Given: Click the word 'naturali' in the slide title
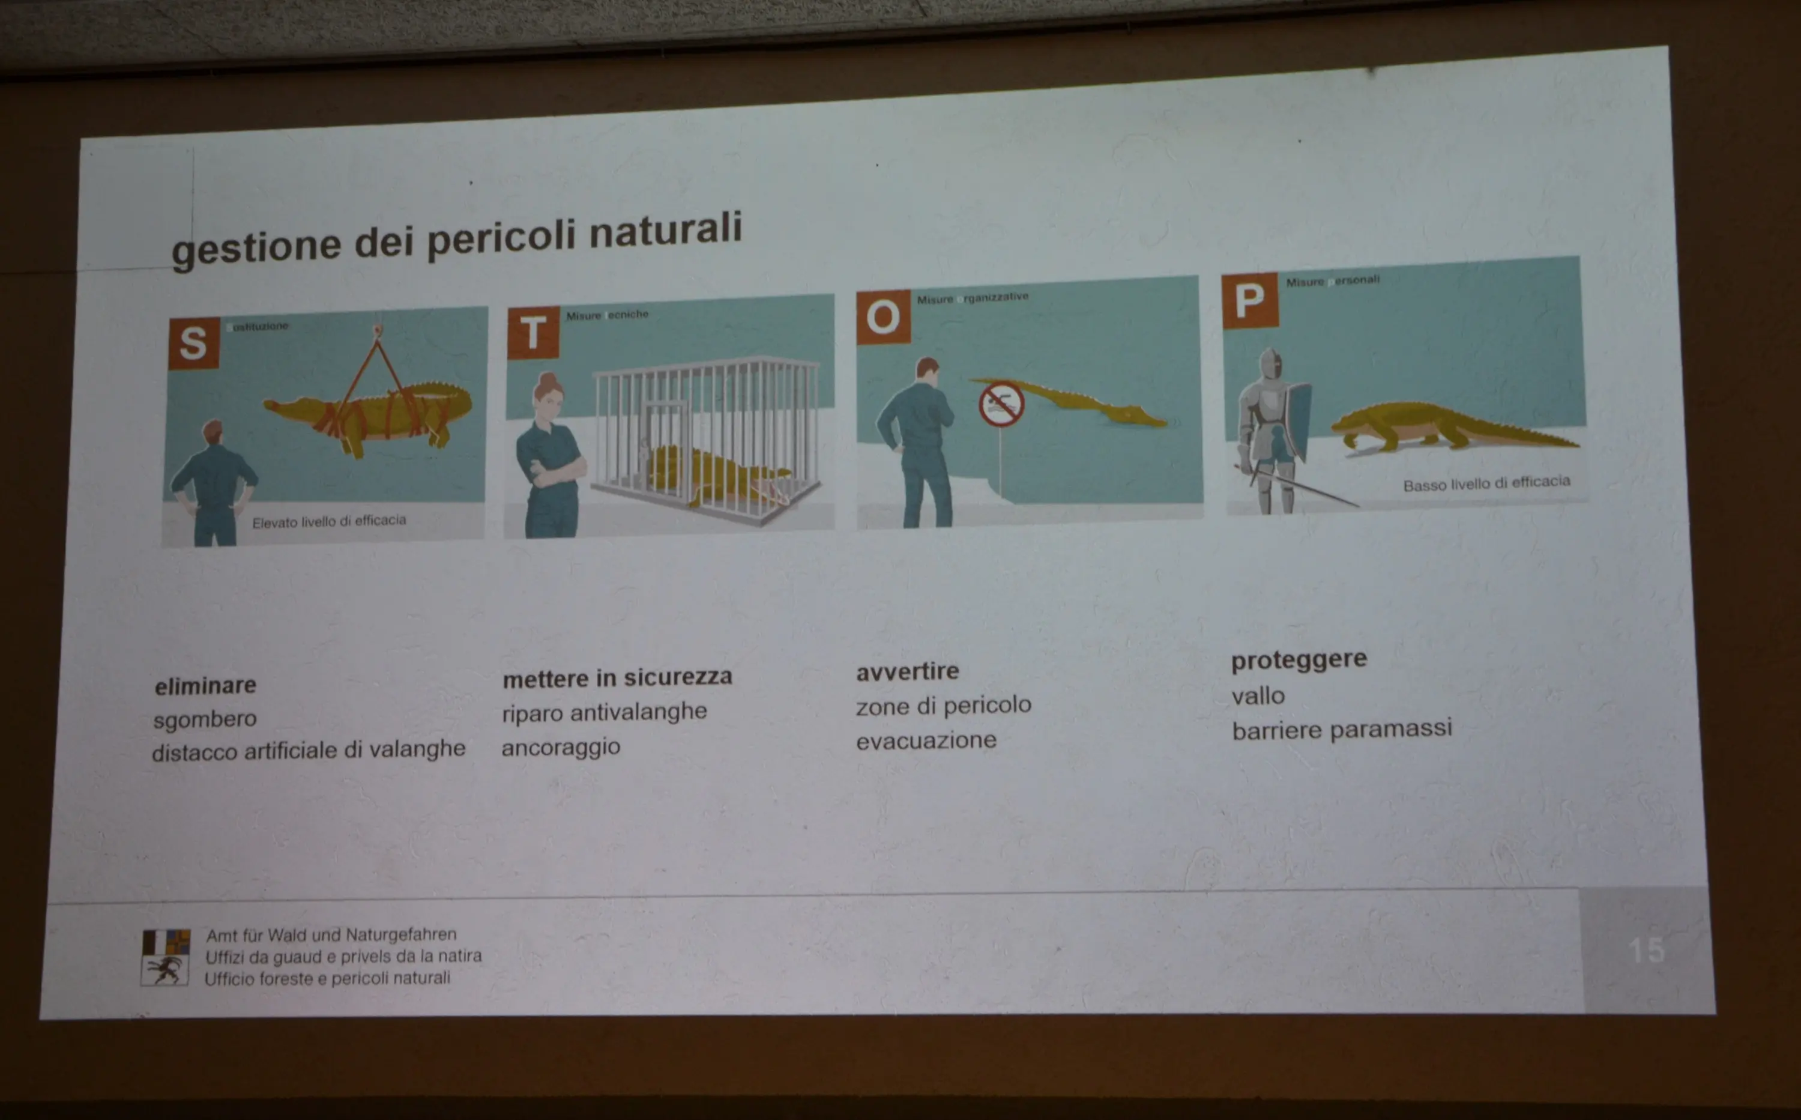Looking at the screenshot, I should (665, 231).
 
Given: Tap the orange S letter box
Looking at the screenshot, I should (194, 343).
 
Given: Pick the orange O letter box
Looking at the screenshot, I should (882, 318).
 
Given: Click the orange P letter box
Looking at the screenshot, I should (1249, 300).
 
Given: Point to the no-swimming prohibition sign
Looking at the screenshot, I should (1001, 404).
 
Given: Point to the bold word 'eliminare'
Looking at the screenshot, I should (205, 686).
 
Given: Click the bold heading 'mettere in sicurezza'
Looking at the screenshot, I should (617, 677).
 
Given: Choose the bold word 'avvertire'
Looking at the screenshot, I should (907, 672).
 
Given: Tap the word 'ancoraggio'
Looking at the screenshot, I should (561, 746).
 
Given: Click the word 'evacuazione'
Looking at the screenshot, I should (926, 740).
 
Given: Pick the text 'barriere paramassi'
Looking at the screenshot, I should (1341, 730).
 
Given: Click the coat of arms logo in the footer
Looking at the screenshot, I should (166, 957).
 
